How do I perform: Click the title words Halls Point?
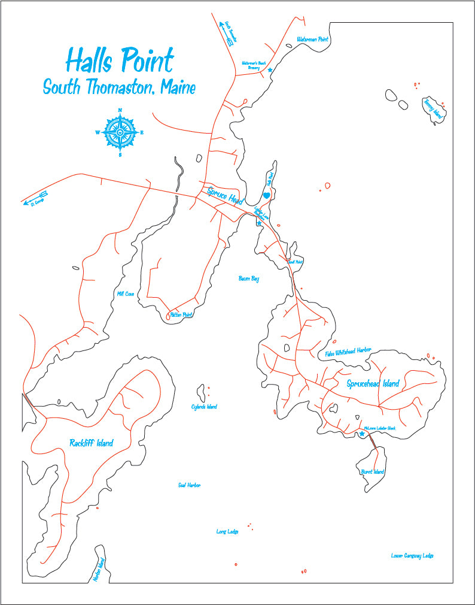[x=120, y=60]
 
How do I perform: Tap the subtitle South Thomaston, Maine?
[x=119, y=87]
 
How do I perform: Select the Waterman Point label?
[x=313, y=40]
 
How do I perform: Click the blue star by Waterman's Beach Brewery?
[x=270, y=70]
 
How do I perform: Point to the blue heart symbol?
[x=267, y=195]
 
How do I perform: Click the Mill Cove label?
[x=126, y=294]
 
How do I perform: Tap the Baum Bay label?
[x=248, y=279]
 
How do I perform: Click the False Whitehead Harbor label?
[x=348, y=353]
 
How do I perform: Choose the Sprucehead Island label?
[x=373, y=384]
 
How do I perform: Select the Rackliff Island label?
[x=91, y=443]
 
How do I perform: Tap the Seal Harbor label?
[x=189, y=485]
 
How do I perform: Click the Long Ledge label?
[x=227, y=531]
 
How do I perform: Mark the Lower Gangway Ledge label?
[x=412, y=556]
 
